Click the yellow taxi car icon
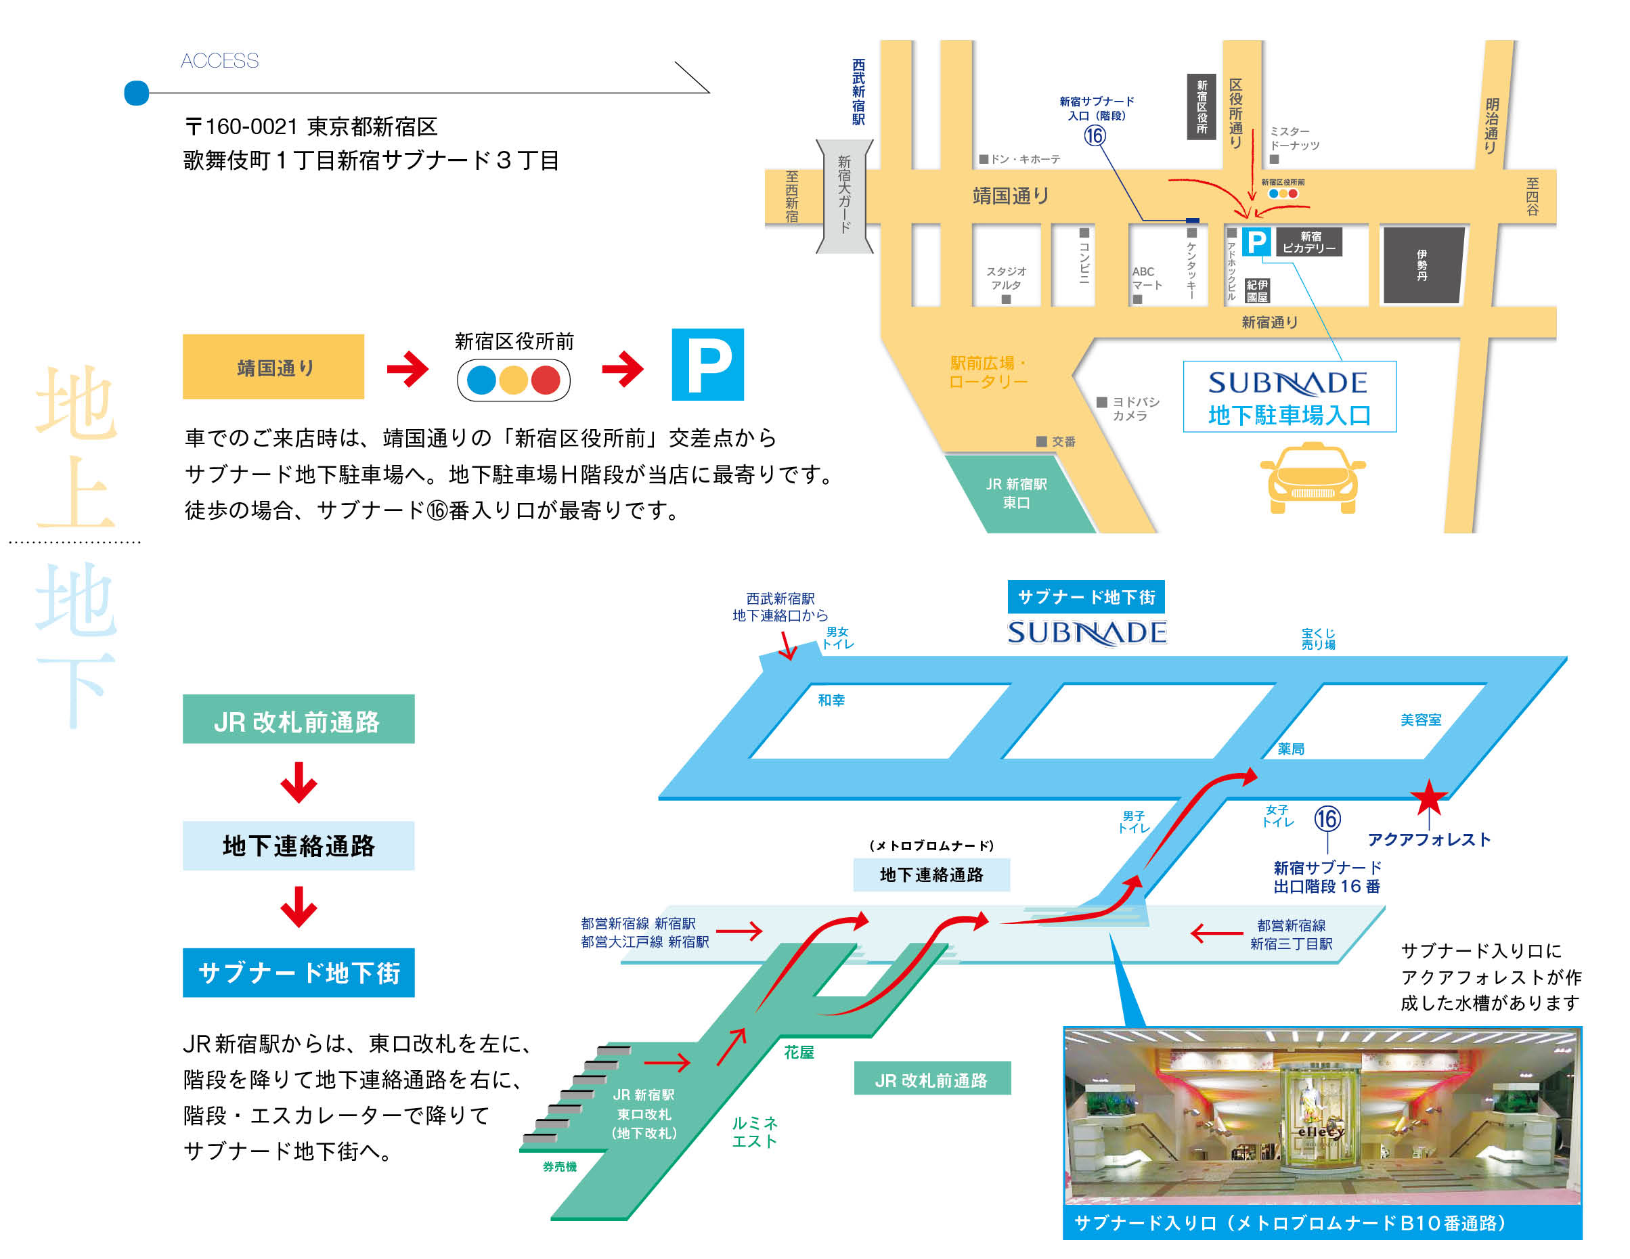click(1311, 479)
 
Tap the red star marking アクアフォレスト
click(1428, 799)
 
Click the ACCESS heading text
click(219, 60)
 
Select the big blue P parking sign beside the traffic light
click(707, 365)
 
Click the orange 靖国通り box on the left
click(273, 367)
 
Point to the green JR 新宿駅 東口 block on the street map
click(1017, 493)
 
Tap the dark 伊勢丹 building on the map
click(1422, 265)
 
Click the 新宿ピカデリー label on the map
click(1309, 242)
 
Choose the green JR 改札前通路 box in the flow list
click(298, 720)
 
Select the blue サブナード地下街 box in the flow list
click(298, 973)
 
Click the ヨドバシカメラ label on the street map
click(1135, 409)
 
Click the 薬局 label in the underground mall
click(1290, 749)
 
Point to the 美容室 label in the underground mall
click(1420, 720)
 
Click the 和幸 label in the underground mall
click(831, 700)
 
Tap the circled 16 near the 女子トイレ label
click(1327, 818)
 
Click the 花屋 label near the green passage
click(799, 1053)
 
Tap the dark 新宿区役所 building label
click(1201, 107)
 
